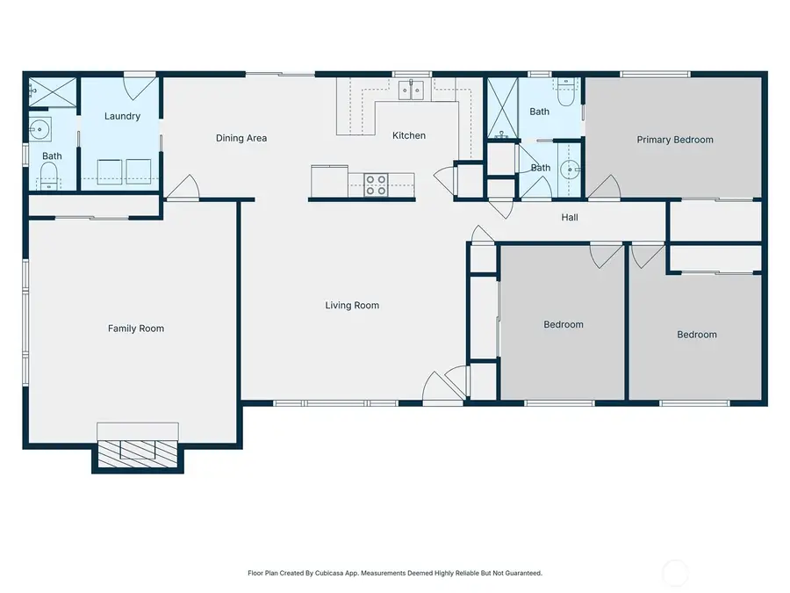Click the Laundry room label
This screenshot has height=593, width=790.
pos(122,116)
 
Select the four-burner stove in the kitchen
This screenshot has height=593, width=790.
pos(376,184)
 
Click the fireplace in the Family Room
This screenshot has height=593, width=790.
pos(138,450)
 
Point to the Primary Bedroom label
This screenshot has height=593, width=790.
pos(674,140)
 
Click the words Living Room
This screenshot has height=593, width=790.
pos(352,306)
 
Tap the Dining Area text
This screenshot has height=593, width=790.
pos(241,138)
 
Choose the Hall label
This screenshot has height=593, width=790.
pos(569,218)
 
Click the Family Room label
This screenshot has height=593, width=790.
pos(136,329)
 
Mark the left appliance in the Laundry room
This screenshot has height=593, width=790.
pos(109,171)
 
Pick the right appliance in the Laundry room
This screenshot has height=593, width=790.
pos(139,171)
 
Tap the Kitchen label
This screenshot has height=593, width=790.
pos(409,135)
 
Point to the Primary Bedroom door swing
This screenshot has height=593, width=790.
pos(607,187)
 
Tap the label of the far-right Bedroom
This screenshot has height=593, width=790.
pos(696,335)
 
